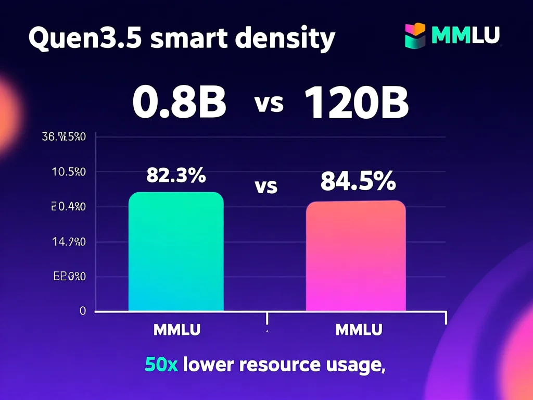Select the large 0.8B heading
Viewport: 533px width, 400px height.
coord(179,102)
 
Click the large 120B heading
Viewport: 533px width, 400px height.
coord(356,102)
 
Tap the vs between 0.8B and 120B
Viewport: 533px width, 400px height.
coord(269,103)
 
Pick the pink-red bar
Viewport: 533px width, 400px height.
coord(356,256)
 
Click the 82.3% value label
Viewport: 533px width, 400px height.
coord(176,176)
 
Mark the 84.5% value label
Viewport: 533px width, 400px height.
coord(358,181)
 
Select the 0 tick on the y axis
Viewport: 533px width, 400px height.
coord(82,311)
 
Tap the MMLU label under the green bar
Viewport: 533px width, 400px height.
coord(177,330)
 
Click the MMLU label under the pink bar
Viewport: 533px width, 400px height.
coord(359,330)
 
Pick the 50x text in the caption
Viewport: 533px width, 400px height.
coord(161,365)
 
